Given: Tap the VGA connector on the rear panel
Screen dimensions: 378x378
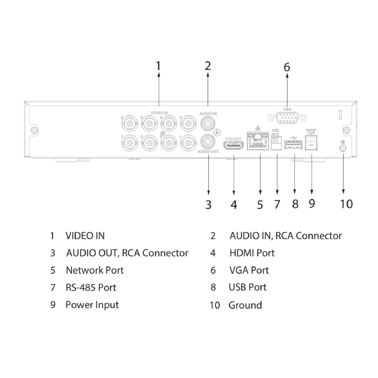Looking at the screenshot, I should (x=287, y=118).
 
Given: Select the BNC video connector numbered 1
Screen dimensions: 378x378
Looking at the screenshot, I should (x=188, y=143).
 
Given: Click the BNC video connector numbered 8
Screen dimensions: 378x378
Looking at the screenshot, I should (x=129, y=123).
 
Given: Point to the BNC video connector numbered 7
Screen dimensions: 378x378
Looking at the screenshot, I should (x=129, y=143).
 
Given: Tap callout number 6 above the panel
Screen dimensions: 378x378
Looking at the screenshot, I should (x=287, y=67).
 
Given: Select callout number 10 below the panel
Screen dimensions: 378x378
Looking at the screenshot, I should (x=346, y=204).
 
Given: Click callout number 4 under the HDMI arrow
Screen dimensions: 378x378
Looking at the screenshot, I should (x=233, y=205).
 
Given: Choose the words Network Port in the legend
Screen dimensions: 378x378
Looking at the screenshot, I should (x=94, y=270).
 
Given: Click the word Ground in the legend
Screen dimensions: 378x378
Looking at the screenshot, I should (x=245, y=305).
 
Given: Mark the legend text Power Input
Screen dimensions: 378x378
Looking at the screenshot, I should (x=92, y=305).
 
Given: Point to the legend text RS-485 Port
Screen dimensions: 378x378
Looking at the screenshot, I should (x=91, y=287).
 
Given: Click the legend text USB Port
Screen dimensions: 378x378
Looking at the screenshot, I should (x=247, y=287).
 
